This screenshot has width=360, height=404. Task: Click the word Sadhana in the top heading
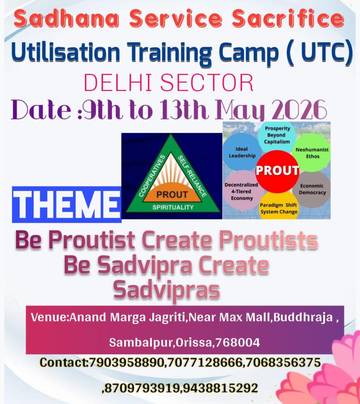click(66, 19)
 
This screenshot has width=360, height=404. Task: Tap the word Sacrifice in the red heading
click(288, 19)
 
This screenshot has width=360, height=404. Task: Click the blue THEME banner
click(67, 205)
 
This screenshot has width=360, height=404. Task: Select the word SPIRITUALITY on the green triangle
click(173, 208)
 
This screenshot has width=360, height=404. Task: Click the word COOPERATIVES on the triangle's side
click(152, 176)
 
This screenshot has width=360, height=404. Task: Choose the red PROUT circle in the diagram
click(277, 171)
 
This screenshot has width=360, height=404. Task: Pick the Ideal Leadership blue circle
click(242, 152)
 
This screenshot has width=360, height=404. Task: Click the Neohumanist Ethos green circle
click(312, 153)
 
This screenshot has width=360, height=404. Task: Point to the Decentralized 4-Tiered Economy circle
click(241, 191)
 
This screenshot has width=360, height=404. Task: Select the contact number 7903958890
click(126, 363)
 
